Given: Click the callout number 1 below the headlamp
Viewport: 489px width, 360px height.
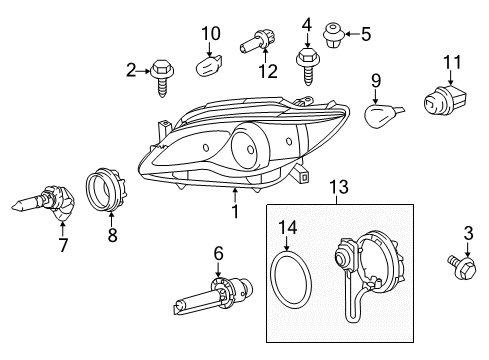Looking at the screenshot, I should click(x=235, y=211).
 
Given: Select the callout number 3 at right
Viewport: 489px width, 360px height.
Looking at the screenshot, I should click(x=470, y=234).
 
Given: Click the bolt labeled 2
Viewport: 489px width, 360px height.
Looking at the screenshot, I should click(x=162, y=75).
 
